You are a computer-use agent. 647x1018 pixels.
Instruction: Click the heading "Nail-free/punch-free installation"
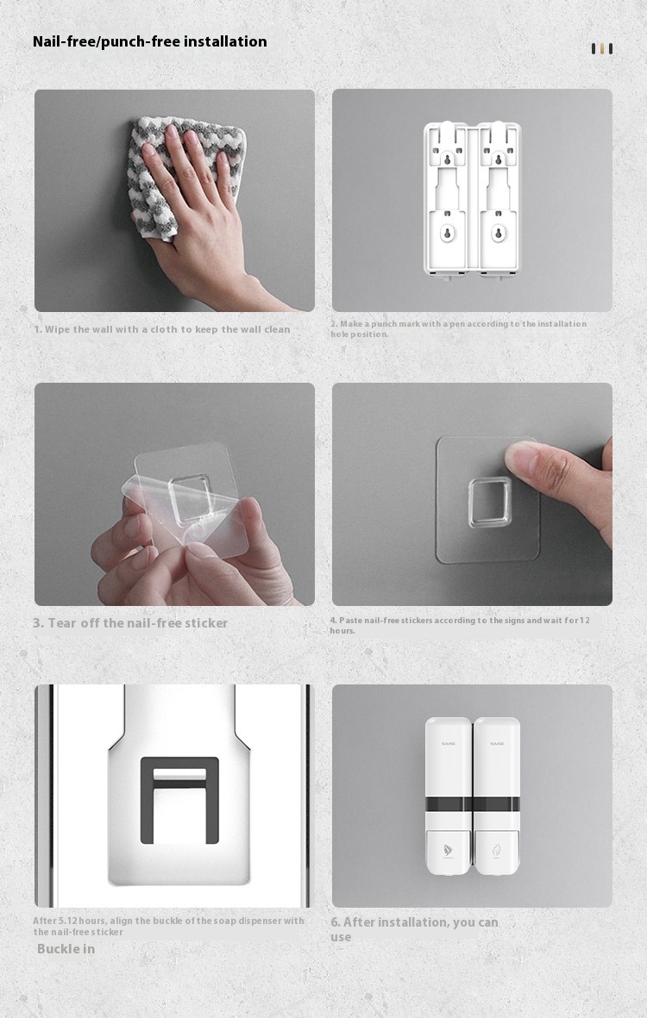[x=150, y=41]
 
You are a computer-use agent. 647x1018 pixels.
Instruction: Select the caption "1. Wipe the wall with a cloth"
[x=162, y=329]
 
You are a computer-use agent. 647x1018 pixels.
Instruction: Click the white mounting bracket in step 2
[x=472, y=199]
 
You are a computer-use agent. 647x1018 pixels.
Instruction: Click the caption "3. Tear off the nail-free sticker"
[x=130, y=623]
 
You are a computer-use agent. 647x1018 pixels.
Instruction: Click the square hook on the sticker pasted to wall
[x=490, y=502]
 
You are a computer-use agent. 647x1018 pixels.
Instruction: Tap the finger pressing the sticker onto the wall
[x=552, y=470]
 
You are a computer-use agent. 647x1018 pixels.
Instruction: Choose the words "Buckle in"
[x=66, y=949]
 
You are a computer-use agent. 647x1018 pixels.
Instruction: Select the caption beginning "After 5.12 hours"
[x=168, y=926]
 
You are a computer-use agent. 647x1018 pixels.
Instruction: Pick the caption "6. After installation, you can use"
[x=414, y=929]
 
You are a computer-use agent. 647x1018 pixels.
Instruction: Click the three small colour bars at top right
[x=602, y=49]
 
